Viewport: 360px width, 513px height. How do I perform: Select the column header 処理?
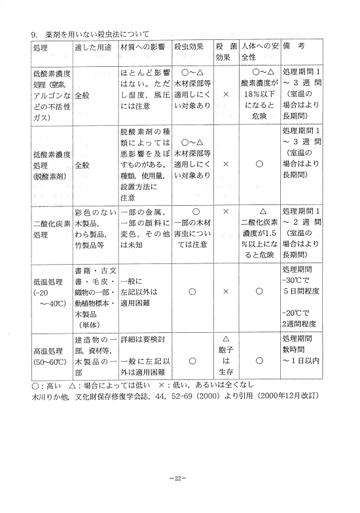41,48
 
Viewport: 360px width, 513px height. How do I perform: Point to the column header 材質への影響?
143,48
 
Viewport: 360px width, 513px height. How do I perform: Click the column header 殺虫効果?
192,48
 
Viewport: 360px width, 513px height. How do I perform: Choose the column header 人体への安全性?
260,52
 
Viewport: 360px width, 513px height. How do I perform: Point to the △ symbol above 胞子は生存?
226,339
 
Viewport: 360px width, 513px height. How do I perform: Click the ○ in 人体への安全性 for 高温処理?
260,360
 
